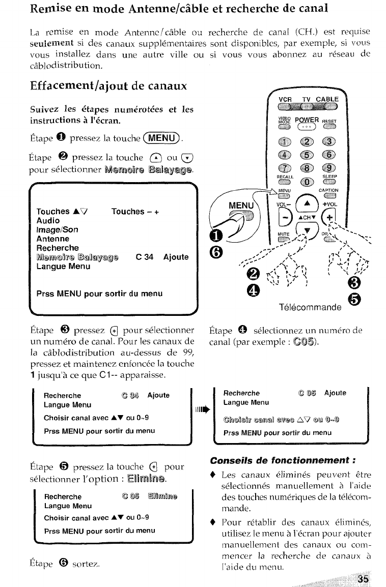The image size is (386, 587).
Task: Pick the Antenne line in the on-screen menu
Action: coord(53,239)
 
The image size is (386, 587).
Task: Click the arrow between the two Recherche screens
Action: coord(203,408)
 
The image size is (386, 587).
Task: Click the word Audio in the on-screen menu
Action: coord(48,221)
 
